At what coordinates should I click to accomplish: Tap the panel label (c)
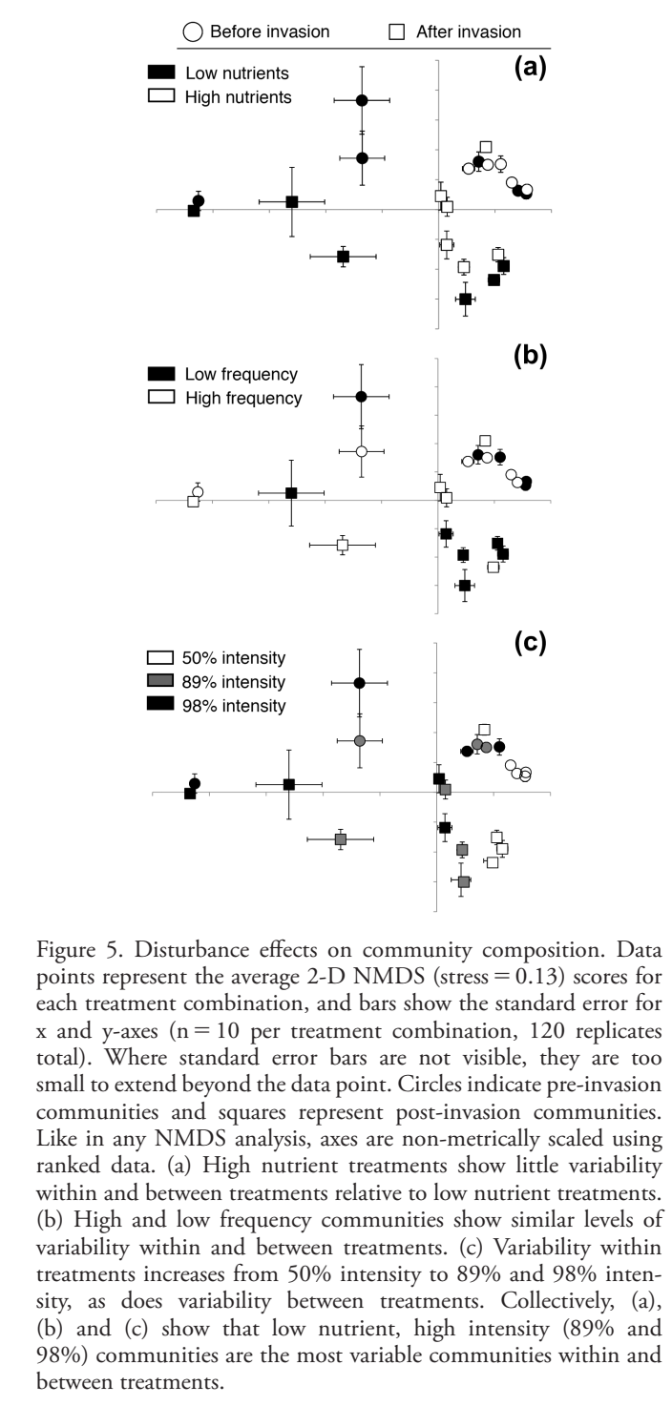(x=530, y=642)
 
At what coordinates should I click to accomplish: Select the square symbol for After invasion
(x=398, y=31)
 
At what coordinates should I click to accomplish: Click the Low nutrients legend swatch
(x=161, y=72)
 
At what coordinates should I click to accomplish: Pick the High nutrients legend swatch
(x=161, y=95)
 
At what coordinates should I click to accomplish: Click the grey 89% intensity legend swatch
(x=161, y=682)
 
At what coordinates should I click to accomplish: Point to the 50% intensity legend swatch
(x=161, y=658)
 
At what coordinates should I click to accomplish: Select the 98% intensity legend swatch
(x=161, y=705)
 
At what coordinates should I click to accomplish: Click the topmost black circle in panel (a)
(x=362, y=100)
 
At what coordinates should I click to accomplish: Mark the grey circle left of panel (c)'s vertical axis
(x=360, y=741)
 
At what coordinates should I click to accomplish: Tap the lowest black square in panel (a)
(x=465, y=300)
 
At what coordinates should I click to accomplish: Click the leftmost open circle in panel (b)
(x=198, y=492)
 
